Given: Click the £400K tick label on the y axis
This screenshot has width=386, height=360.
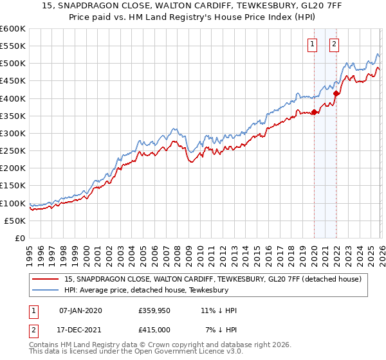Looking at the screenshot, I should pos(13,98).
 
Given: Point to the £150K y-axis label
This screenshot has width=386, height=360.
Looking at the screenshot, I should pos(13,186).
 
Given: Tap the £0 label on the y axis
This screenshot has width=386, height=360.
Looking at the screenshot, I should pos(19,239).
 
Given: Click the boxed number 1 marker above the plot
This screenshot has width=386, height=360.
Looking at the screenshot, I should pos(313,44).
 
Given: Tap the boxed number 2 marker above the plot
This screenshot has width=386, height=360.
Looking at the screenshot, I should pos(335,44).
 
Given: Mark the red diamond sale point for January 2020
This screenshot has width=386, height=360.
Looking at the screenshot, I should pos(314,113).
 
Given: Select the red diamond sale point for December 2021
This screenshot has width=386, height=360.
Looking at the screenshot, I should pos(336,93).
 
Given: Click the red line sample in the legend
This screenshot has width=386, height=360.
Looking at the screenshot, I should pos(46,278).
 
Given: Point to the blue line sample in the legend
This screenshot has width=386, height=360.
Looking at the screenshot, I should pos(46,289).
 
